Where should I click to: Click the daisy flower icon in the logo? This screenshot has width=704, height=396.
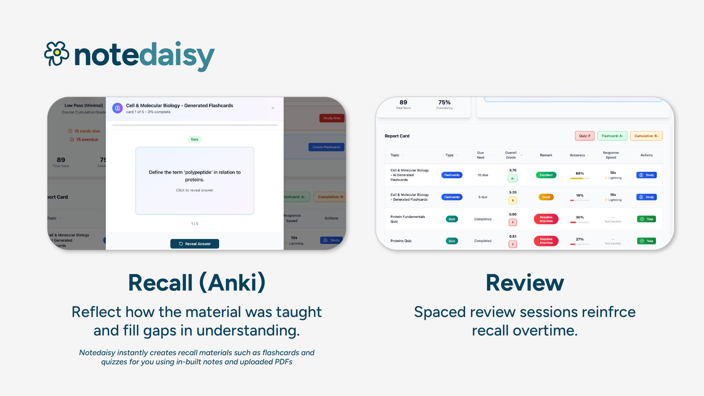point(57,53)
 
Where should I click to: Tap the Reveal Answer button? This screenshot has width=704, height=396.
point(194,244)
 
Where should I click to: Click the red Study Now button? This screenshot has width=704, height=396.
point(332,118)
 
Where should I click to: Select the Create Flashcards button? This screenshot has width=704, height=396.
point(326,147)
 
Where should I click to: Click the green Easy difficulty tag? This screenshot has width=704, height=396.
point(194,139)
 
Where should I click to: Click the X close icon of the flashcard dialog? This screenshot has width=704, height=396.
point(273,108)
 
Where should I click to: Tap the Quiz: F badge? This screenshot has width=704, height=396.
point(584,136)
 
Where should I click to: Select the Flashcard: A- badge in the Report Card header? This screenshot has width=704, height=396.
point(612,136)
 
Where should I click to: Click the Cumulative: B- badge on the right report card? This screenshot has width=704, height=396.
point(646,136)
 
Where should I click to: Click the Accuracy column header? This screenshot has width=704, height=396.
point(577,155)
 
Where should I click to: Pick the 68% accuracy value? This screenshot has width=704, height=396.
point(579,173)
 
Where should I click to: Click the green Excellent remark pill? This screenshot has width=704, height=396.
point(546,175)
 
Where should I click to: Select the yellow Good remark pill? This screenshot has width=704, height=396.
point(546,197)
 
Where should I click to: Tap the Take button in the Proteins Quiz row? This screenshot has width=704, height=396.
point(646,241)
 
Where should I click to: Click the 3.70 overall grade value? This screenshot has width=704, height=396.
point(513,170)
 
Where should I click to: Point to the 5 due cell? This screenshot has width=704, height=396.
point(483,197)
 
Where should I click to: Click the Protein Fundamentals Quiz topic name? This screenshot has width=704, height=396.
point(408,219)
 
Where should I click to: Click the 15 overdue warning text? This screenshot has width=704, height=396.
point(87,139)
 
